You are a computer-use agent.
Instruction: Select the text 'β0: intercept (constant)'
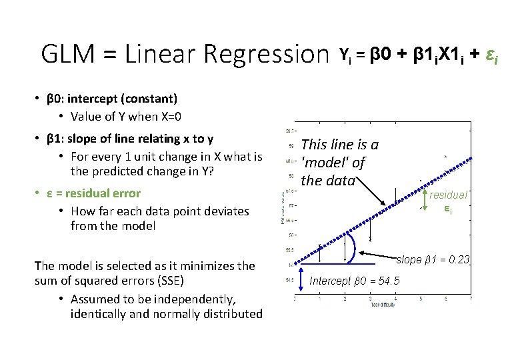point(112,99)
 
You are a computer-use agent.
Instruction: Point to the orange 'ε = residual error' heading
point(93,193)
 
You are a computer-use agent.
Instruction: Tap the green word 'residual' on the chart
point(447,195)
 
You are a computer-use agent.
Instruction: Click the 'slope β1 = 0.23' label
point(434,259)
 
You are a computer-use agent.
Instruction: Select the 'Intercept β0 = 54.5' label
point(355,281)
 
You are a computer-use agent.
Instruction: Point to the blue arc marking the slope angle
point(356,245)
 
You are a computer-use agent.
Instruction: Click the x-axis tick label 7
point(471,299)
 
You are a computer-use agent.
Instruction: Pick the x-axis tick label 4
point(396,299)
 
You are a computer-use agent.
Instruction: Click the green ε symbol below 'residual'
point(448,209)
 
